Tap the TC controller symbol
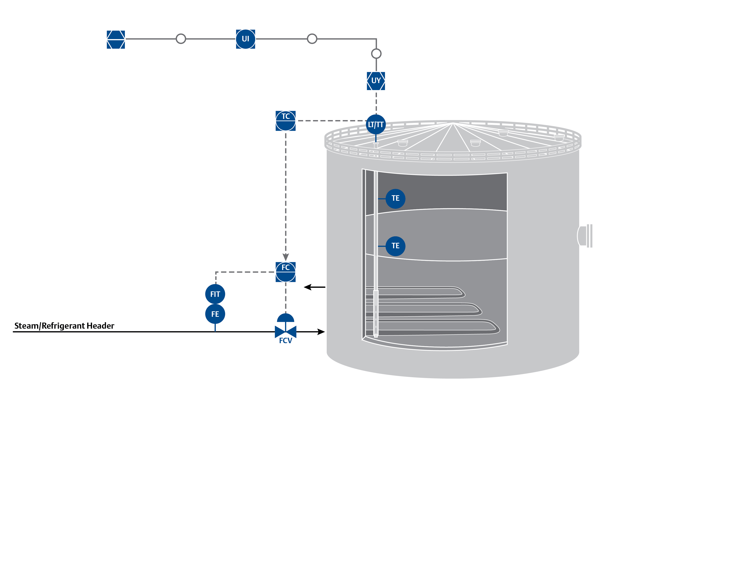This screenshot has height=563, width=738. [285, 121]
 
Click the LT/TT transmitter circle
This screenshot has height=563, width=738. [375, 125]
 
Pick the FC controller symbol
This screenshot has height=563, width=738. [285, 272]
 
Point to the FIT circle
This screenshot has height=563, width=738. [215, 294]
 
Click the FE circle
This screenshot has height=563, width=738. [215, 314]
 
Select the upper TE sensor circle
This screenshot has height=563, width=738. [395, 198]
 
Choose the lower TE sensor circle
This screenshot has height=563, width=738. [395, 246]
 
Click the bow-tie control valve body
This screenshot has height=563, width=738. [285, 332]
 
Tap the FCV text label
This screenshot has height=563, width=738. [285, 341]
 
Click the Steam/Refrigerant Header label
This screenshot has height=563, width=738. [64, 326]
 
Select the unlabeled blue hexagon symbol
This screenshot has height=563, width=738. [116, 39]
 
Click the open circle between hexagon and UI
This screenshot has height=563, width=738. [181, 39]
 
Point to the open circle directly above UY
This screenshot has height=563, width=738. [376, 54]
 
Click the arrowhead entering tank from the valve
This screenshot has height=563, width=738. [321, 332]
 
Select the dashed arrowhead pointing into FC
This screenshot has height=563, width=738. [285, 257]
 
